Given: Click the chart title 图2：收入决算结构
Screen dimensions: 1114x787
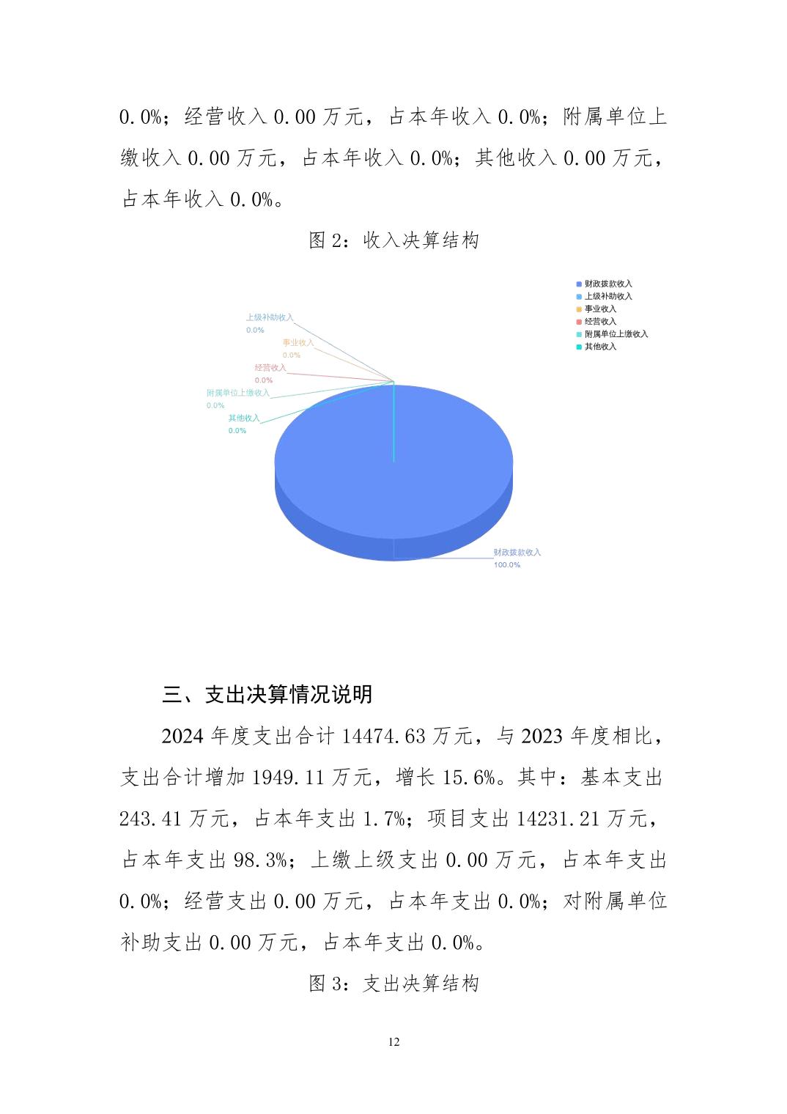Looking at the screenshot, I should [x=393, y=240].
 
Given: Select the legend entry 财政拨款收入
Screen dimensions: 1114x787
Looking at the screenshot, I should [x=607, y=284].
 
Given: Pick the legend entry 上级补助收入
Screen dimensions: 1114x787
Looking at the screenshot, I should [x=607, y=296].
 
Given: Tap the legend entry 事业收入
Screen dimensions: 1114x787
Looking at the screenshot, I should [x=599, y=309].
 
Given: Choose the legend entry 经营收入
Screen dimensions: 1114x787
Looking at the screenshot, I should [x=599, y=321].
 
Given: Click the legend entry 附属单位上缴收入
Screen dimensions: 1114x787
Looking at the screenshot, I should [x=616, y=333].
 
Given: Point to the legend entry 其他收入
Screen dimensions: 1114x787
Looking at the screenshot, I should [x=599, y=346].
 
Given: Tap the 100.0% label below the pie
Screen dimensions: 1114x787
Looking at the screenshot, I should [x=506, y=565].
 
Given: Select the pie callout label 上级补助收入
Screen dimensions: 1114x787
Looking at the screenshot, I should [x=269, y=317].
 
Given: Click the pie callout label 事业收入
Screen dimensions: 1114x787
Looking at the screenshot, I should [x=298, y=342].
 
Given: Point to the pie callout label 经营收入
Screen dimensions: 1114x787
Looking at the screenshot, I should [x=270, y=367].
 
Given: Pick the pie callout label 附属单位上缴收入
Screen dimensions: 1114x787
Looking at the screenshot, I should [x=237, y=393].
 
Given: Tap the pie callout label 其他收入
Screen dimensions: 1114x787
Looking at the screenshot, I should [x=243, y=418].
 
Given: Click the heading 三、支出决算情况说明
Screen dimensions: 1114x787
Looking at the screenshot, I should [x=267, y=694].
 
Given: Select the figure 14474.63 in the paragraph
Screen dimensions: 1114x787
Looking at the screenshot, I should [x=383, y=736].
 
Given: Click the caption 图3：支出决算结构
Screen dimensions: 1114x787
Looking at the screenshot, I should [x=393, y=984].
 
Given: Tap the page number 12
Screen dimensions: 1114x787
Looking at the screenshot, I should [x=394, y=1042].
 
